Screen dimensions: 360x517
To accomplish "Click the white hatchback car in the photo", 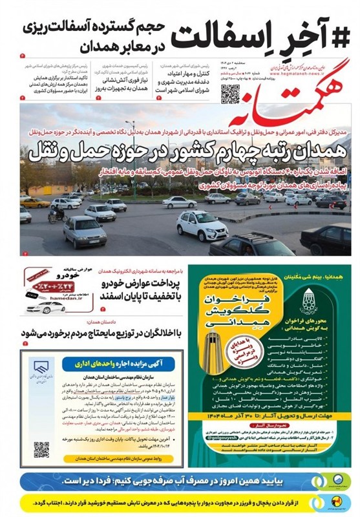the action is [x=202, y=224].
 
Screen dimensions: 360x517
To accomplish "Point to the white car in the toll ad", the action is [x=45, y=306].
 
